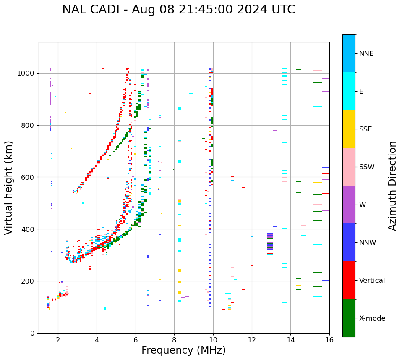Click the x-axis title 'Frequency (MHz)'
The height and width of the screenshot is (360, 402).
183,350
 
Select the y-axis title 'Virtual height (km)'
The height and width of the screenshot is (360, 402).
9,187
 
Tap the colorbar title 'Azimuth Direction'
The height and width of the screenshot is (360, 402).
392,186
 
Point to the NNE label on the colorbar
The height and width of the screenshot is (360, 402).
366,54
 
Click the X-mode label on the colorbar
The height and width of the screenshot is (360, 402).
372,318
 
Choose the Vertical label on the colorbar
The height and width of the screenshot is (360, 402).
372,281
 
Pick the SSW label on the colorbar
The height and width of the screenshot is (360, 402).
366,167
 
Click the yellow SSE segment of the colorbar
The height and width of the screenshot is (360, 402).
349,129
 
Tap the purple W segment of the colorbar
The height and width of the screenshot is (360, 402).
349,205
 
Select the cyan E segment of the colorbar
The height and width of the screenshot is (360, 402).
349,91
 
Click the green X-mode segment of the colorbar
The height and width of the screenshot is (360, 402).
349,318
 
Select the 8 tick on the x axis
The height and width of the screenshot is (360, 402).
174,339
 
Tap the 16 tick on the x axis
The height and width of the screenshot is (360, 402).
329,339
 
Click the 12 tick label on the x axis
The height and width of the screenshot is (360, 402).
252,339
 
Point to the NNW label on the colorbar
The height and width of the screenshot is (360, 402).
368,243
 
